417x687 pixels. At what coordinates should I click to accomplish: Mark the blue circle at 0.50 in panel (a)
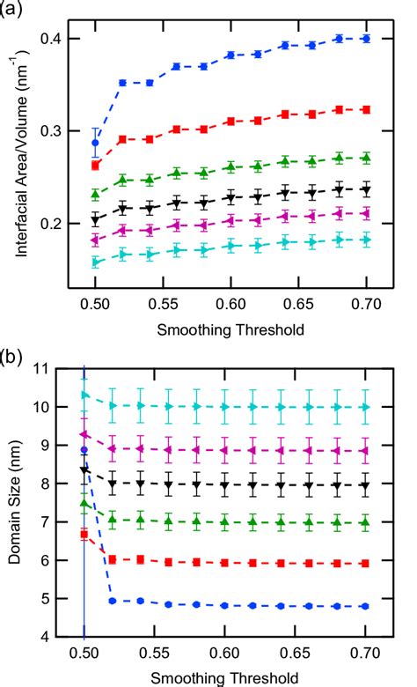(x=96, y=143)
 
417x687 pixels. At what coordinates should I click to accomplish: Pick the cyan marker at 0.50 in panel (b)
(x=84, y=395)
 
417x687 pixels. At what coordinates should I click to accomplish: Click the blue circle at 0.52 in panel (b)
(x=112, y=601)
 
